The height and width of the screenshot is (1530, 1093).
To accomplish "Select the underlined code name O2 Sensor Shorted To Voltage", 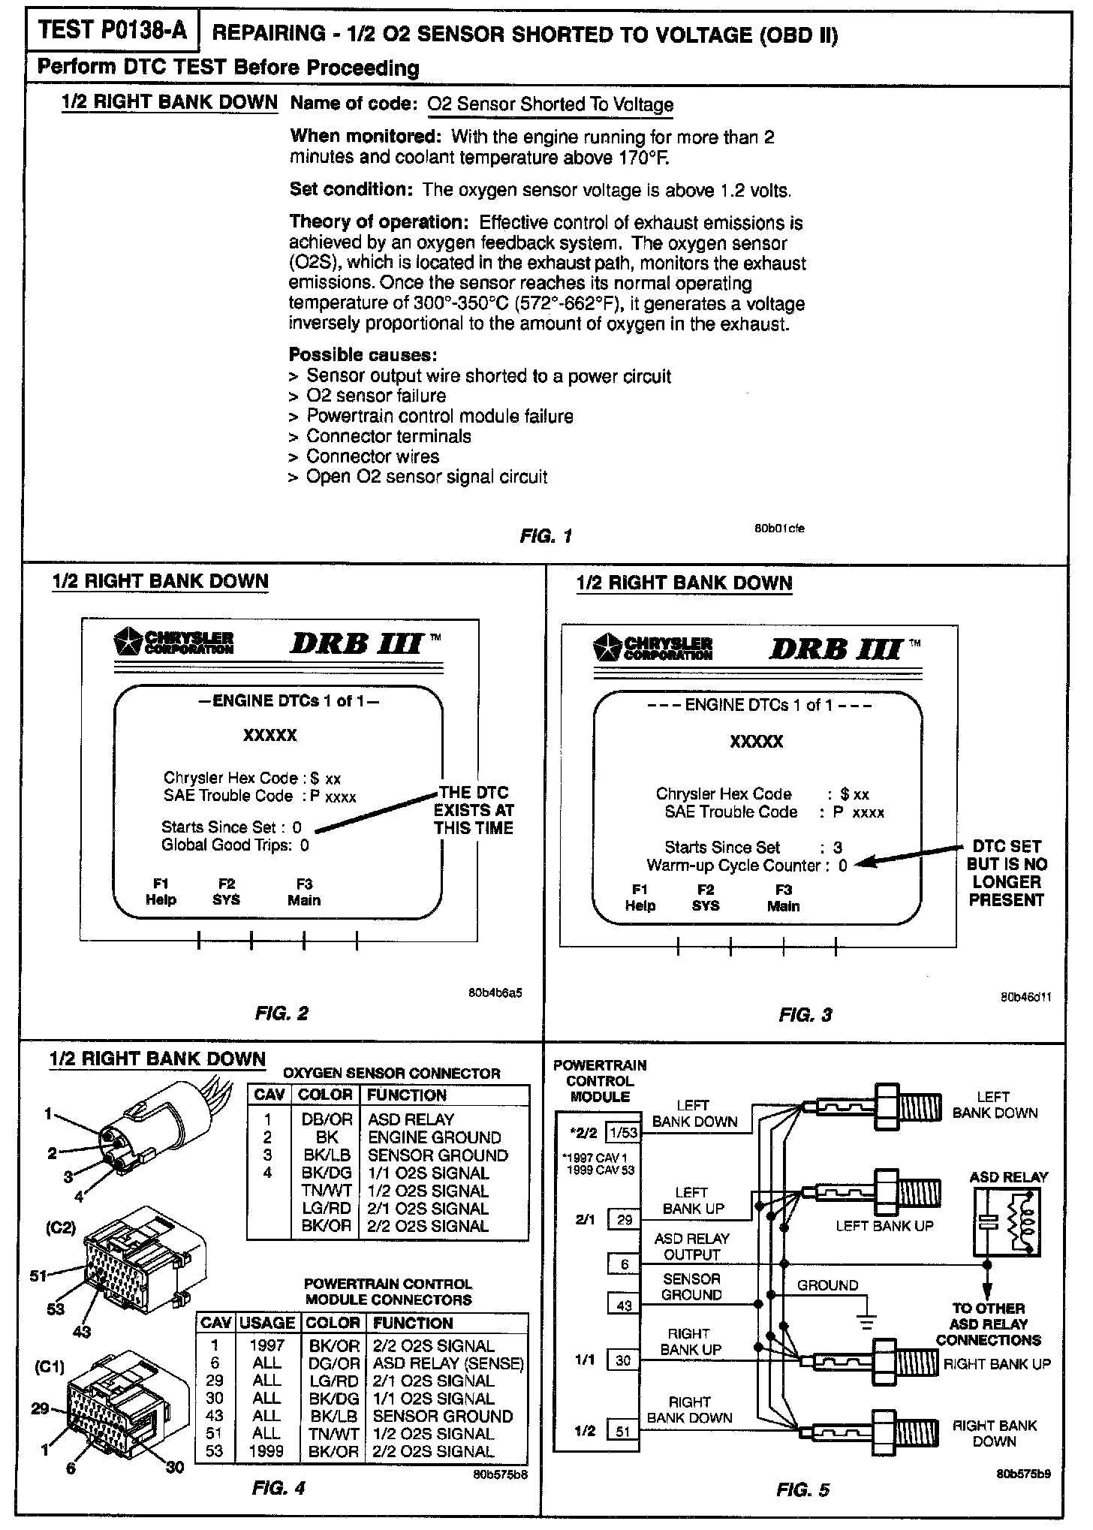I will [550, 104].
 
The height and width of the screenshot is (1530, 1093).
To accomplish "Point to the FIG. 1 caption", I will [546, 536].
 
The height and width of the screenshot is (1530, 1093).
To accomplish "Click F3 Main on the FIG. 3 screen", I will [783, 898].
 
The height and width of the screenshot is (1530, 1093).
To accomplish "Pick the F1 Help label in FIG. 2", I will [161, 892].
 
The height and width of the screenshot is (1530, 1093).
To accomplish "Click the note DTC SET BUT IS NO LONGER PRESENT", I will [1006, 873].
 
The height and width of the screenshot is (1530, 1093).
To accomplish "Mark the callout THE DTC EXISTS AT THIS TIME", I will [473, 810].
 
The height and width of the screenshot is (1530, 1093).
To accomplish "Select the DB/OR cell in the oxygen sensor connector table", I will [326, 1119].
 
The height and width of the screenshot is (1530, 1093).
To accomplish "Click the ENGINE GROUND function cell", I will [434, 1137].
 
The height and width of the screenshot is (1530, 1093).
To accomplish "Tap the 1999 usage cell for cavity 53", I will [266, 1451].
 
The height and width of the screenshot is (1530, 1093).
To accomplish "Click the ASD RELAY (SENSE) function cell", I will [448, 1363].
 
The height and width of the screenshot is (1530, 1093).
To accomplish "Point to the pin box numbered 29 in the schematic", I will [625, 1220].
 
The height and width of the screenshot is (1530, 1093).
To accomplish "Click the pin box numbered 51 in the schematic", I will [625, 1431].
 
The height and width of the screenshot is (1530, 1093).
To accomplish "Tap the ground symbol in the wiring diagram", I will [867, 1320].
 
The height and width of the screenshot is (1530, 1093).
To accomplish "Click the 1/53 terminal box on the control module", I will [623, 1133].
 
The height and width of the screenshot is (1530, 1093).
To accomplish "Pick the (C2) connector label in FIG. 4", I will [62, 1227].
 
